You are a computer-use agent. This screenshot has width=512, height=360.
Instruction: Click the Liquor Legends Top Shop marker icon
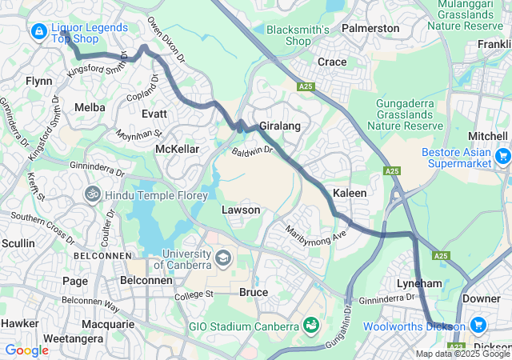(38, 31)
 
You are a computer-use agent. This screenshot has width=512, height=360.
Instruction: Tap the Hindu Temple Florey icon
(94, 194)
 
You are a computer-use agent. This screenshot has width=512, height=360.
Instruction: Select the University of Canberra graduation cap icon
(222, 258)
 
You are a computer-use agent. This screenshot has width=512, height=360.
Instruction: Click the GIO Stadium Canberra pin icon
(309, 326)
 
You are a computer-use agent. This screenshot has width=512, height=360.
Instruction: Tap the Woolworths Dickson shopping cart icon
(478, 326)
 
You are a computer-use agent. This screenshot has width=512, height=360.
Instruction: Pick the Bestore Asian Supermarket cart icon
(502, 156)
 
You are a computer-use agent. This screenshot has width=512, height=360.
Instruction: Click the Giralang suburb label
(278, 126)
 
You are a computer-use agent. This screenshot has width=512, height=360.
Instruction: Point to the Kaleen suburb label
(350, 194)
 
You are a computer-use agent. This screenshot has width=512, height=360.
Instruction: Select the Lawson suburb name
(241, 210)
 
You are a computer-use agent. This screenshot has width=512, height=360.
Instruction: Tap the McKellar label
(177, 149)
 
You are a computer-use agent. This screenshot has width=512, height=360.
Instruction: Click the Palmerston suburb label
(370, 28)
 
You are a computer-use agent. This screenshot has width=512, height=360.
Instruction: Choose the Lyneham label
(419, 283)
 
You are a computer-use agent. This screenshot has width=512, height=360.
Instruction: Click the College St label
(196, 294)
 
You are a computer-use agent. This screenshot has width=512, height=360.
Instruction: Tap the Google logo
(26, 350)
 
